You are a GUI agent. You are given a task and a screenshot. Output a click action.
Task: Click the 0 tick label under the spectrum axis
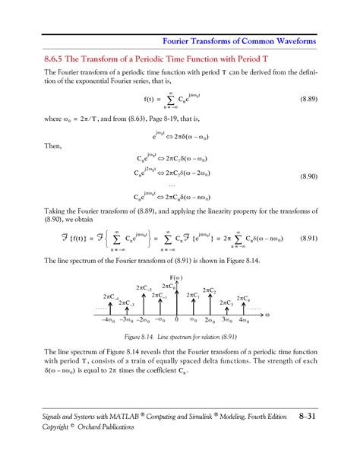point(177,321)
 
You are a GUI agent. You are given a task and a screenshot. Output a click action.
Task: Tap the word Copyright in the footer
point(42,426)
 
